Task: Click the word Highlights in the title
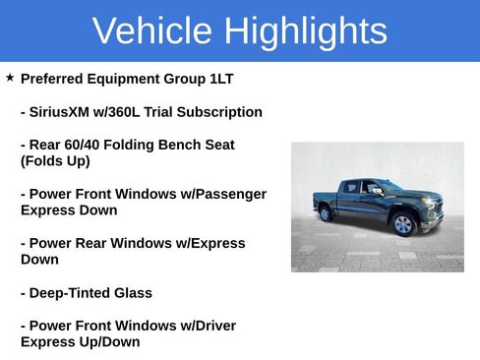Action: (x=306, y=31)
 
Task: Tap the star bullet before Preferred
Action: (x=10, y=78)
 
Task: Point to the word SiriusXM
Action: (x=66, y=112)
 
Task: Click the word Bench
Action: (x=178, y=145)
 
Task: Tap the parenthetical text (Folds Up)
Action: (x=55, y=161)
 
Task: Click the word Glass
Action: (x=135, y=293)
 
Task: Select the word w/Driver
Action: (x=205, y=326)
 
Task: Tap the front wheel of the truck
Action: (x=403, y=225)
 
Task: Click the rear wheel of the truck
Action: (x=326, y=214)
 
